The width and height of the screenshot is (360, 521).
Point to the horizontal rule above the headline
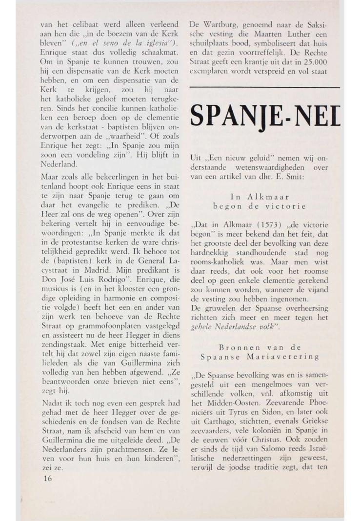point(264,87)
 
